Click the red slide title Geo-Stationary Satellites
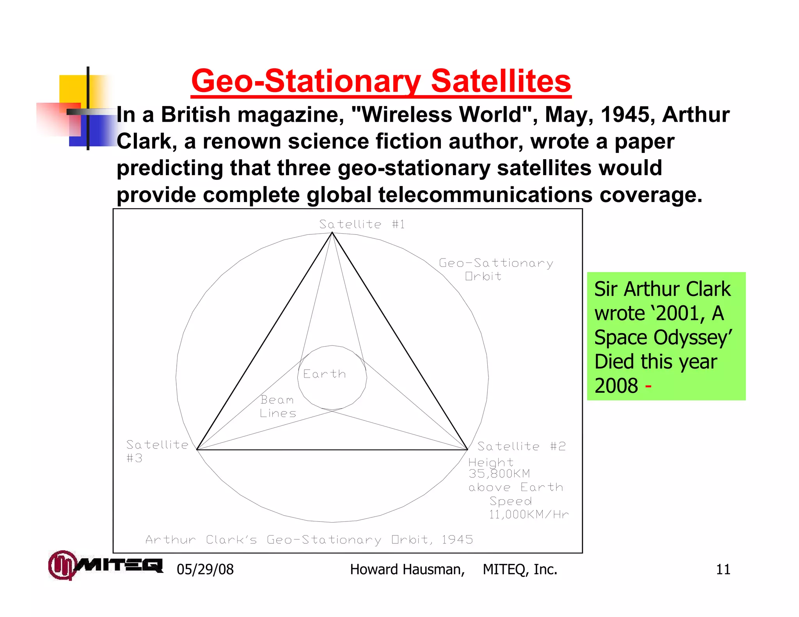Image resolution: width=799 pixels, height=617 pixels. [x=381, y=81]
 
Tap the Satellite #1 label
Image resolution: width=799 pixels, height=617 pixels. [x=362, y=224]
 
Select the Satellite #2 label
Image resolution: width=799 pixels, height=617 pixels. [x=521, y=446]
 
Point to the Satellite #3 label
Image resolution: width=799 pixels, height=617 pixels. [x=157, y=450]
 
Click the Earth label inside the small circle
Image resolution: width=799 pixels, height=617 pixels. [x=324, y=374]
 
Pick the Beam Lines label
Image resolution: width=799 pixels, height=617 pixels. [x=278, y=406]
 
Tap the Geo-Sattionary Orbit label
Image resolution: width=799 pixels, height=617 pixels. [x=495, y=269]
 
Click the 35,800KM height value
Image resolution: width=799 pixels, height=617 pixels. [x=499, y=474]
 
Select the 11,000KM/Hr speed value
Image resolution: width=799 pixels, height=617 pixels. [x=529, y=514]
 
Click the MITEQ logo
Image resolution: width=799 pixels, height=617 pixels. [x=105, y=565]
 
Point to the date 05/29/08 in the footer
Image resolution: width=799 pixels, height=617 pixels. [x=205, y=569]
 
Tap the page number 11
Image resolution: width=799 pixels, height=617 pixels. [x=723, y=569]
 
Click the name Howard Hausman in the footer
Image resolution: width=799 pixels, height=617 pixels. [x=407, y=569]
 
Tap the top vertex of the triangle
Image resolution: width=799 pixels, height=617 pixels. [x=332, y=233]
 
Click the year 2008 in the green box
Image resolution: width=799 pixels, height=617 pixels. [x=616, y=386]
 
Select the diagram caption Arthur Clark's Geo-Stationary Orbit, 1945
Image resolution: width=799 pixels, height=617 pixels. [x=309, y=540]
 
